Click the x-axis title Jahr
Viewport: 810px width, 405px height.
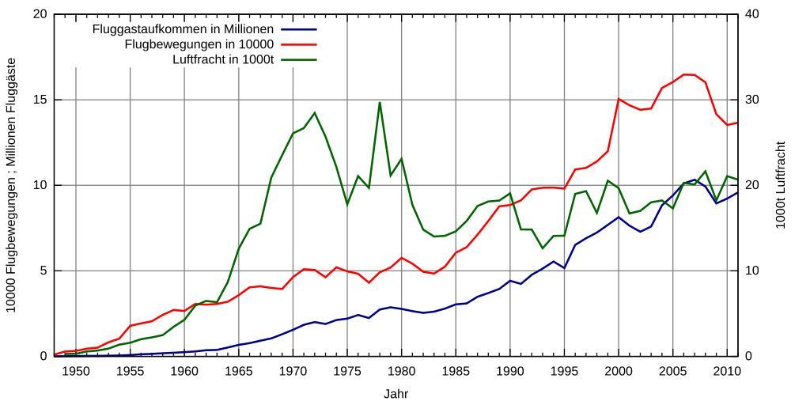pyautogui.click(x=396, y=393)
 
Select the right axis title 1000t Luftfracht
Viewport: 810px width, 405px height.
pyautogui.click(x=780, y=185)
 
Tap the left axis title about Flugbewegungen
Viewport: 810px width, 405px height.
pyautogui.click(x=12, y=185)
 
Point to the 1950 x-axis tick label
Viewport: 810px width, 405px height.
pyautogui.click(x=76, y=370)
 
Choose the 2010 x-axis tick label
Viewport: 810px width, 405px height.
pyautogui.click(x=727, y=370)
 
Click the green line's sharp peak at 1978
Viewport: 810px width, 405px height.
pyautogui.click(x=380, y=102)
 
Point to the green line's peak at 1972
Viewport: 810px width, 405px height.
pyautogui.click(x=315, y=112)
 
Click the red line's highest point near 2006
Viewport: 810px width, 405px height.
pyautogui.click(x=684, y=74)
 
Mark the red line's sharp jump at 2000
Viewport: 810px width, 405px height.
pyautogui.click(x=619, y=99)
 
